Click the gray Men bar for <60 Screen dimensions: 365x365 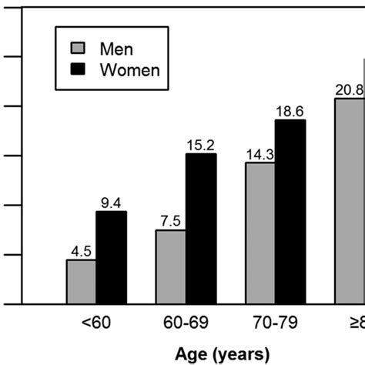(81, 282)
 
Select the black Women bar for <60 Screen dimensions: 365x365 (111, 258)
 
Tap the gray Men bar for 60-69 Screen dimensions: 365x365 (171, 267)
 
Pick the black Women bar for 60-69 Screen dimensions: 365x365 (201, 229)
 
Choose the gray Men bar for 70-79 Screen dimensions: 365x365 (260, 233)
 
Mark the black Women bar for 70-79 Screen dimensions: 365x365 (290, 212)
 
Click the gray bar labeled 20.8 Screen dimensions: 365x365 (350, 201)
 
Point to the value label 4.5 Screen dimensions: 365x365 (81, 250)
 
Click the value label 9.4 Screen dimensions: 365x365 (111, 203)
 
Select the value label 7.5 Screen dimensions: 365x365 (171, 221)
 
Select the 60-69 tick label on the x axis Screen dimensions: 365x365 (186, 324)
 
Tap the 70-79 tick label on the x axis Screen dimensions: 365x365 (275, 324)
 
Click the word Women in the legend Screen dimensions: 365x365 (130, 70)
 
